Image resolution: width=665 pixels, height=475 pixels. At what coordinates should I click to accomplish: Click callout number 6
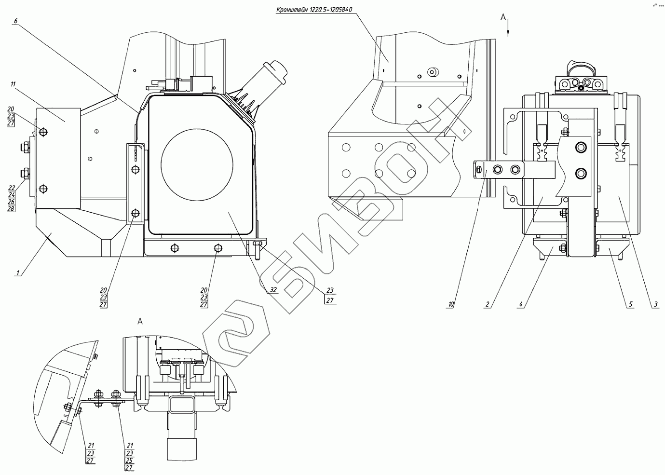(16, 21)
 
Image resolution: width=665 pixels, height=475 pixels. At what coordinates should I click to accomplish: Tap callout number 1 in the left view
(18, 273)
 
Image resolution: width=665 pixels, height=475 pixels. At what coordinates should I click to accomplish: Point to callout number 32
(273, 290)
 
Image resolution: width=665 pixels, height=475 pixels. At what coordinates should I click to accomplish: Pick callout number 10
(451, 304)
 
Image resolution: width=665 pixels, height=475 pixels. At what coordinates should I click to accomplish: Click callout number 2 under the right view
(488, 304)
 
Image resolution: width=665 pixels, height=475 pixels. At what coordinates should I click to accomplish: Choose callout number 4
(521, 304)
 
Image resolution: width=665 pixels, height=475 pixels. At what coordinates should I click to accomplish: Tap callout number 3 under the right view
(655, 304)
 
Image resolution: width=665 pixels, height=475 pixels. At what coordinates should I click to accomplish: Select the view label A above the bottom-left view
(140, 321)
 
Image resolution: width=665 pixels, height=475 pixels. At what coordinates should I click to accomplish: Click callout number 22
(12, 188)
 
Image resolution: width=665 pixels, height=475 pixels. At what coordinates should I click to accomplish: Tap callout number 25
(129, 461)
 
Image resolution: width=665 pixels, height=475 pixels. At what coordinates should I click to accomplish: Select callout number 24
(12, 195)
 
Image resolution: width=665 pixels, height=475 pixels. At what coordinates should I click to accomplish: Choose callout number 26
(12, 202)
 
